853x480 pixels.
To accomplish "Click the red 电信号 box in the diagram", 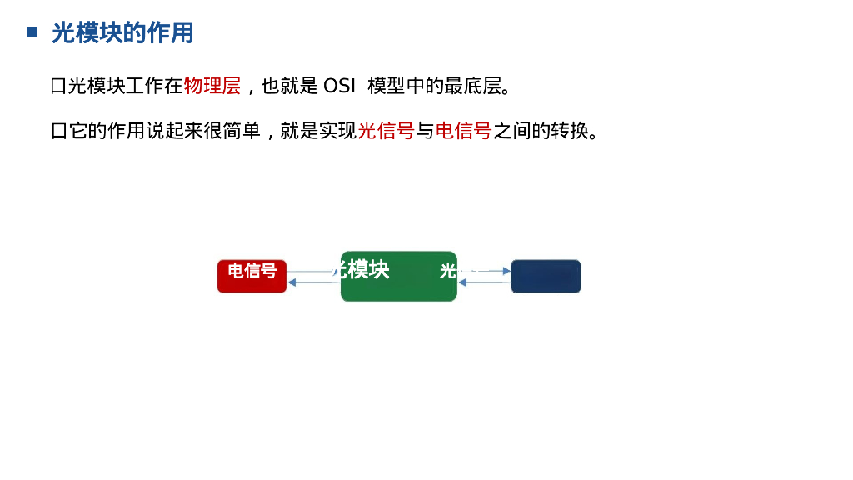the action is (252, 277).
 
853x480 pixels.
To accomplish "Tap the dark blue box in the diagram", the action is (546, 277).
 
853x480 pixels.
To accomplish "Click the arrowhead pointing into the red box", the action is (292, 282).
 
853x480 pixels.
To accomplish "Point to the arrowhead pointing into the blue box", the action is (506, 271).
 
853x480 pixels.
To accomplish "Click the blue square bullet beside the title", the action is (32, 32).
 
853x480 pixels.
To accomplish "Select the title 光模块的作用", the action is (122, 33).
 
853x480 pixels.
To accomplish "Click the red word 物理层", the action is (212, 86).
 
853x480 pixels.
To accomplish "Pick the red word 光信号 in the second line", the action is (386, 131).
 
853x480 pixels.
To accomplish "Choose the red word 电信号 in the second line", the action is (463, 131).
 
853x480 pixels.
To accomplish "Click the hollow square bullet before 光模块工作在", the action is (58, 86).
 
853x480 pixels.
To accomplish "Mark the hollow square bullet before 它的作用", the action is (58, 131).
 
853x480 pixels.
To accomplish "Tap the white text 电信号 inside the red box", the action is (252, 271).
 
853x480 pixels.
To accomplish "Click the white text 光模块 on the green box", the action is (362, 269).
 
